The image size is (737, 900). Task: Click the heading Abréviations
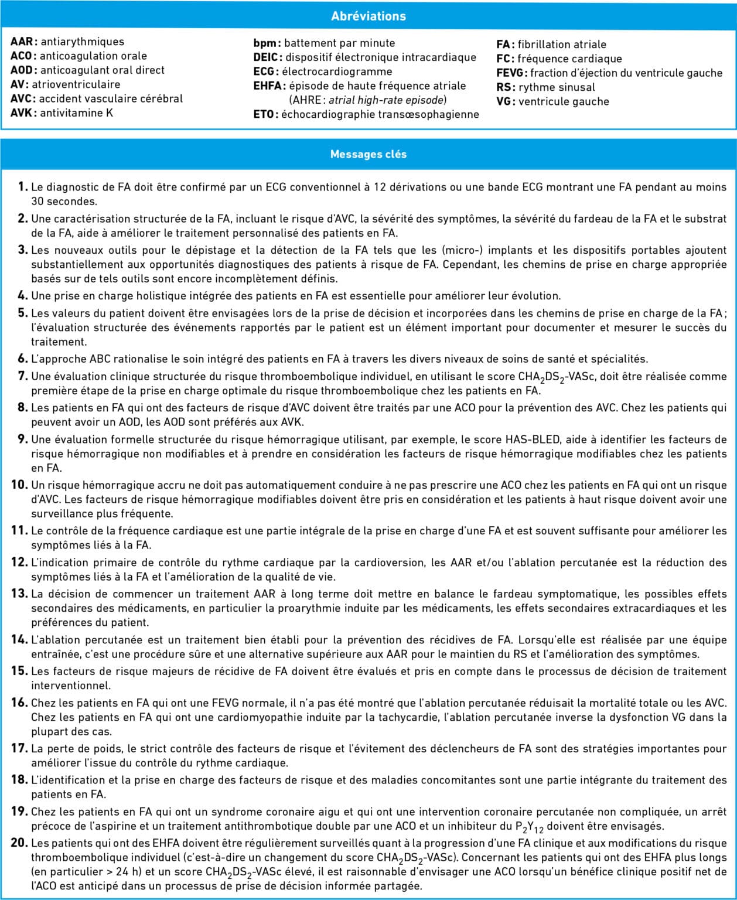tap(368, 16)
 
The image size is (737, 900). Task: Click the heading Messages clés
tap(368, 155)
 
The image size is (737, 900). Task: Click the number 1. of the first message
tap(23, 187)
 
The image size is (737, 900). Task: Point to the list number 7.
tap(23, 376)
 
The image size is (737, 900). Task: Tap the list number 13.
tap(19, 594)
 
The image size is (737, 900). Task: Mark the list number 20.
tap(19, 843)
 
